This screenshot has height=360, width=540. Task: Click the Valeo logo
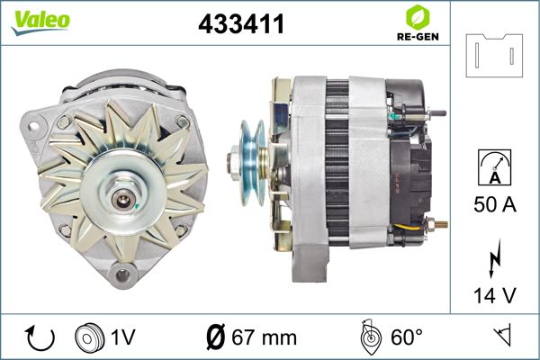tap(40, 22)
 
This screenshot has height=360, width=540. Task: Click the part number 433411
tap(241, 23)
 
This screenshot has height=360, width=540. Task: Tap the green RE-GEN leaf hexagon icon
tap(418, 17)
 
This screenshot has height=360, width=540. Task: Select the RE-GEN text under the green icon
tap(418, 37)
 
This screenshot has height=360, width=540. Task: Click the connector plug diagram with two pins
tap(494, 56)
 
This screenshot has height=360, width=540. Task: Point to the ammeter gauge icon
tap(494, 167)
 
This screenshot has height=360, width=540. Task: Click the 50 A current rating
tap(495, 204)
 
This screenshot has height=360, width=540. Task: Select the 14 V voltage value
tap(495, 295)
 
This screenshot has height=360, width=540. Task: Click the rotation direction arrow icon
tap(40, 338)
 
